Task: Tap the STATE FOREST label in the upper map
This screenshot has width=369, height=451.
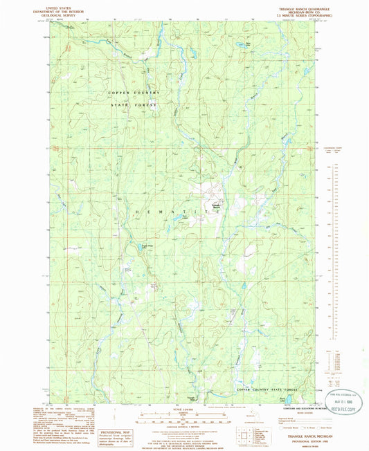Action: (134, 104)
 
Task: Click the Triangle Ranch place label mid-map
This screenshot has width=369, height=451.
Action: (215, 206)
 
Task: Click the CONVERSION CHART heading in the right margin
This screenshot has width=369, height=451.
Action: (334, 147)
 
